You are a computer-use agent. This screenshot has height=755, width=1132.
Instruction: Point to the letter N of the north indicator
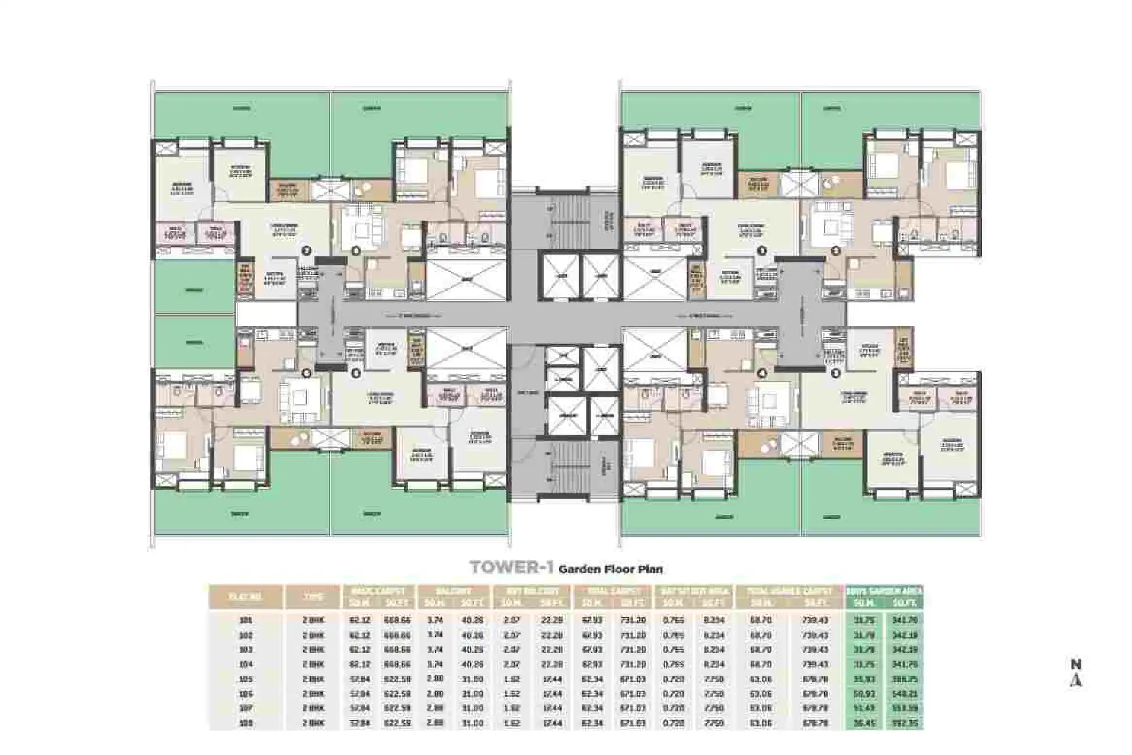pyautogui.click(x=1076, y=664)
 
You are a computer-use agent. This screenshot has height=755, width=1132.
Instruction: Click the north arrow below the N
pyautogui.click(x=1076, y=680)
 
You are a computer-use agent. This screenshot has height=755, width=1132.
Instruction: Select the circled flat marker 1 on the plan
pyautogui.click(x=835, y=372)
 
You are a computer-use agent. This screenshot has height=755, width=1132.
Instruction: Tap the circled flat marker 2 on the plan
pyautogui.click(x=835, y=251)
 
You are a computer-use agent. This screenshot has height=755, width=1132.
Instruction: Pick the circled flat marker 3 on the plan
pyautogui.click(x=762, y=251)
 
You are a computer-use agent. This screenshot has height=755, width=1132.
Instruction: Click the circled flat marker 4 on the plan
pyautogui.click(x=762, y=373)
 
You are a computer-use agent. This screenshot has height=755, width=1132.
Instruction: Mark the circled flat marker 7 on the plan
pyautogui.click(x=307, y=251)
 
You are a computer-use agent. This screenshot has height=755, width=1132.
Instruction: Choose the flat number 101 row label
pyautogui.click(x=245, y=620)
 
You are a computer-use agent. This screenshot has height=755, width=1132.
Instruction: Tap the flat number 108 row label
pyautogui.click(x=245, y=723)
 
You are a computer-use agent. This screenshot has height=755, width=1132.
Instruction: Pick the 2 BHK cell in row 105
pyautogui.click(x=313, y=679)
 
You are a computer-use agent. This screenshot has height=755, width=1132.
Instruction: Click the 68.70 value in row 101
pyautogui.click(x=762, y=620)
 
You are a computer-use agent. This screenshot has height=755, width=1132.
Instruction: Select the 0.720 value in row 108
pyautogui.click(x=673, y=723)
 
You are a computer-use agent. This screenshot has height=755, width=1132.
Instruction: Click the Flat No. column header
pyautogui.click(x=245, y=597)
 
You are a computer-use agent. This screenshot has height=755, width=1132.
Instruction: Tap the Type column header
pyautogui.click(x=313, y=597)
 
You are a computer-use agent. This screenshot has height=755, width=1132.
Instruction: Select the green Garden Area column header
pyautogui.click(x=884, y=590)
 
